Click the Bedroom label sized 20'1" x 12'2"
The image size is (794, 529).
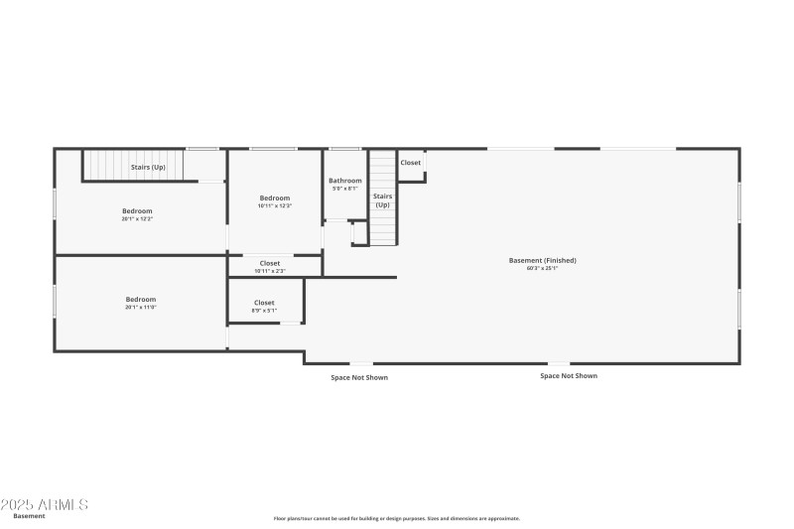138,210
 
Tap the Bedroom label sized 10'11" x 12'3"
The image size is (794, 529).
275,198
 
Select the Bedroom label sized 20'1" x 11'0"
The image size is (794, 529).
141,299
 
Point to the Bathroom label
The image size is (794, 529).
345,180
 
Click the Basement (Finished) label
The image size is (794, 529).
542,260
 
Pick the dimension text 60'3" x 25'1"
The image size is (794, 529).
542,268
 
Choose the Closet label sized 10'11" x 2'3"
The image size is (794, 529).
270,263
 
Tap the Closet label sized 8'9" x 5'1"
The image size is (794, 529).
264,302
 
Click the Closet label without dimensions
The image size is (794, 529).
411,163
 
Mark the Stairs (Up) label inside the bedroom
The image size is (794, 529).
148,167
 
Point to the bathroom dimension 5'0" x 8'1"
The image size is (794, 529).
345,188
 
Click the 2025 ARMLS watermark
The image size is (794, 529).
45,505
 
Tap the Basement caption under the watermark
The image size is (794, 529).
29,516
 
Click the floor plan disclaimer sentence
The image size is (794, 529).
397,518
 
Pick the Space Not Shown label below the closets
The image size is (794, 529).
359,377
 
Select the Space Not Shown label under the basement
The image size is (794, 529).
569,376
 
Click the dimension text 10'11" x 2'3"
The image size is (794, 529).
270,271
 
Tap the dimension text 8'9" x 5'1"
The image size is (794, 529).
264,310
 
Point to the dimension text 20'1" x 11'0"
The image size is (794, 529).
141,308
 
